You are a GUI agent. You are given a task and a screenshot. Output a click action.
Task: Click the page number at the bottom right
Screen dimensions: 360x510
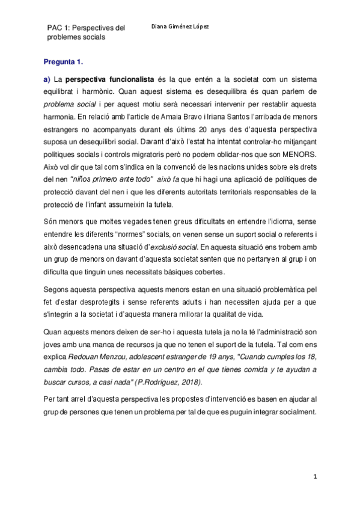[315, 476]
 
